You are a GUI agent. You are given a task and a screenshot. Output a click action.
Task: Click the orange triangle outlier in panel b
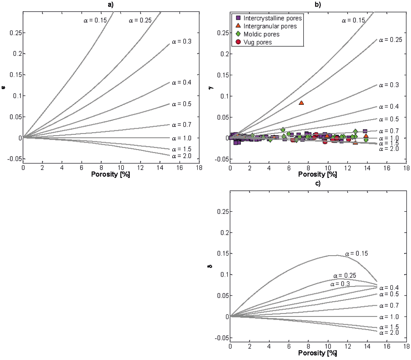(301, 103)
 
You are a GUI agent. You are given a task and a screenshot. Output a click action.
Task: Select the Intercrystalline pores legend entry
(272, 18)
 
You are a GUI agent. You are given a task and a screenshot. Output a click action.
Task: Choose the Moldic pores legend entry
(261, 34)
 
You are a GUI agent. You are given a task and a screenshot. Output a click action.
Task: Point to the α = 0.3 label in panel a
(180, 42)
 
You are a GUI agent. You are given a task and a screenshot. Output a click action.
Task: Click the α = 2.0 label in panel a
(180, 156)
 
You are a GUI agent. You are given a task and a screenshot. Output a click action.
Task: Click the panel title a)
(111, 5)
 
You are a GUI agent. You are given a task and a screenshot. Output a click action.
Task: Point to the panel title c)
(318, 183)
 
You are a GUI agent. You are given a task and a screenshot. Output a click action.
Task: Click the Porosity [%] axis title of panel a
(111, 174)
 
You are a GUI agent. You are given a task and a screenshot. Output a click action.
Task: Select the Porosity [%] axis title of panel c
(318, 353)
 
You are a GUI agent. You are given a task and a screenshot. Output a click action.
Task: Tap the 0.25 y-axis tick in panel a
(15, 32)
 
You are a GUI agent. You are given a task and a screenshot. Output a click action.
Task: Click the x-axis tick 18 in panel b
(406, 168)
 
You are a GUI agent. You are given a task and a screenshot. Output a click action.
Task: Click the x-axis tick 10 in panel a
(120, 168)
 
